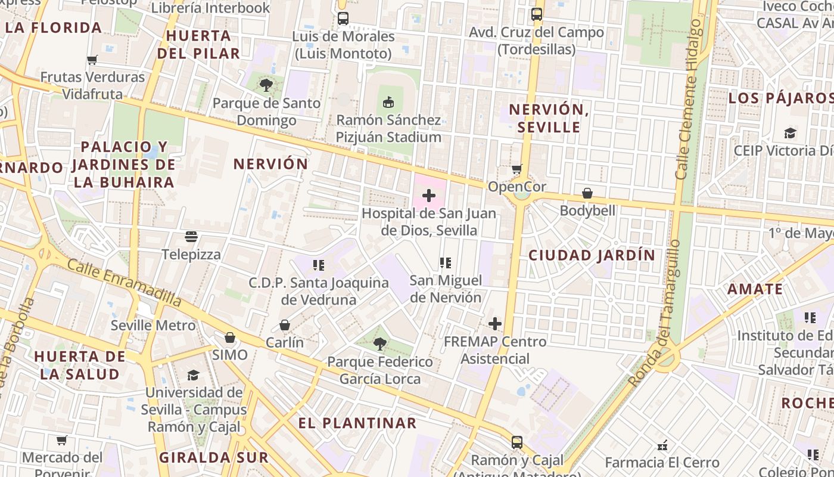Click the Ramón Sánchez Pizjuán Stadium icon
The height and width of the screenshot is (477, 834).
(x=388, y=103)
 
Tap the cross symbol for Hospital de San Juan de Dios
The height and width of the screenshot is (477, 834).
(x=429, y=196)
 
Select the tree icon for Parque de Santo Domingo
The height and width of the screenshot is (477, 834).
(x=266, y=85)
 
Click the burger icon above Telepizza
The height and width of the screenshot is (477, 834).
(x=191, y=237)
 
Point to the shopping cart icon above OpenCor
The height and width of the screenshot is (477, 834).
(x=516, y=169)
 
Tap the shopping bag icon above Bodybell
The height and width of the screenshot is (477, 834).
(x=587, y=193)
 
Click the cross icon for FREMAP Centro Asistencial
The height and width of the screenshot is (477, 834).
(x=495, y=324)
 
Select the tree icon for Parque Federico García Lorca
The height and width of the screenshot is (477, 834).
(x=379, y=344)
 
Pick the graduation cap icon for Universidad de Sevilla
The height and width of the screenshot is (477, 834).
(x=194, y=375)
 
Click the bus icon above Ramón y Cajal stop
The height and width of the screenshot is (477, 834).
(x=517, y=442)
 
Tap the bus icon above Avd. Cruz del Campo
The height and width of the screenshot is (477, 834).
(x=537, y=14)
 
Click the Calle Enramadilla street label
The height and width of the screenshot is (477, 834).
(x=124, y=282)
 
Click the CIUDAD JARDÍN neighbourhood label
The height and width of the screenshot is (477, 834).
(x=592, y=255)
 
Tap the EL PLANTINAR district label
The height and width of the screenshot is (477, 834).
(x=357, y=423)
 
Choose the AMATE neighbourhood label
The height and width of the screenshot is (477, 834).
(x=755, y=289)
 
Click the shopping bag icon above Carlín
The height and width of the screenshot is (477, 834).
(x=285, y=325)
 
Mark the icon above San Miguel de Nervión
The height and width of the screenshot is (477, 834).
(x=445, y=262)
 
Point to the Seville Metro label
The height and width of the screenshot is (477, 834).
(x=153, y=326)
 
